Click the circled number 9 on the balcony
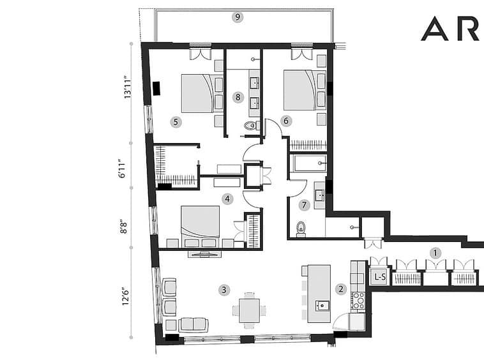[238, 17]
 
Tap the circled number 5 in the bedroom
[176, 122]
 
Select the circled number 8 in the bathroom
[238, 98]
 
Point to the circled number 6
[286, 121]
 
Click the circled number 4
[227, 199]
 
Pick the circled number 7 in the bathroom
[305, 205]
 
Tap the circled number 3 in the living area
[223, 290]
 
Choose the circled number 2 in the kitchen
[341, 289]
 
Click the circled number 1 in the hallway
[435, 253]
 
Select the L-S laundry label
[380, 277]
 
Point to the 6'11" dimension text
[123, 169]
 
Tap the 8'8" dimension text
[123, 227]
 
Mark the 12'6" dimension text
[125, 296]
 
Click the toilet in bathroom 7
[301, 229]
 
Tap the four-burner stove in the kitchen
[358, 301]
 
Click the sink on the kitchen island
[322, 306]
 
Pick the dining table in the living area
[250, 310]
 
